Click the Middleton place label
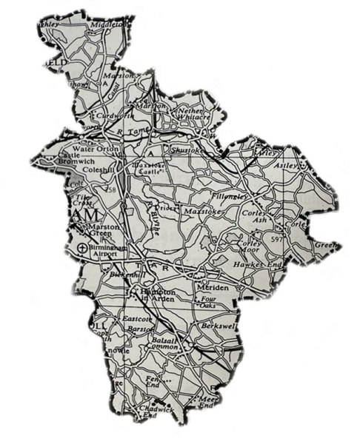pos(105,25)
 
